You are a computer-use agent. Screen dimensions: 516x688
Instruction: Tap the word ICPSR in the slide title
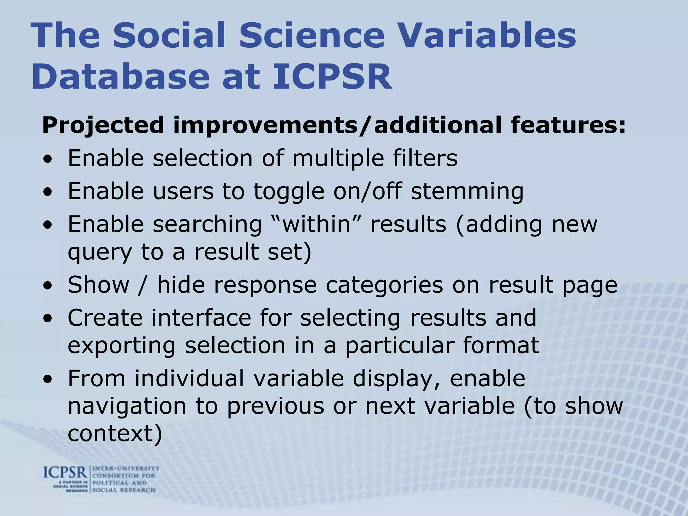click(x=332, y=77)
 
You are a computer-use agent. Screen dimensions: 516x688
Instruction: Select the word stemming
click(x=467, y=191)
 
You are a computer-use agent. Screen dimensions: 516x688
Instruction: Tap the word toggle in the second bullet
click(x=289, y=191)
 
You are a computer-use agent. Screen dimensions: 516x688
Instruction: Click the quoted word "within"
click(x=316, y=224)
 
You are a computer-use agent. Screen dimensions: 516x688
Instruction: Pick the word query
click(x=99, y=253)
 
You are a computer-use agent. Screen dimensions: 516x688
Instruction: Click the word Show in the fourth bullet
click(x=98, y=285)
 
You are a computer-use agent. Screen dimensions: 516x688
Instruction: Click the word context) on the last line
click(x=115, y=434)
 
